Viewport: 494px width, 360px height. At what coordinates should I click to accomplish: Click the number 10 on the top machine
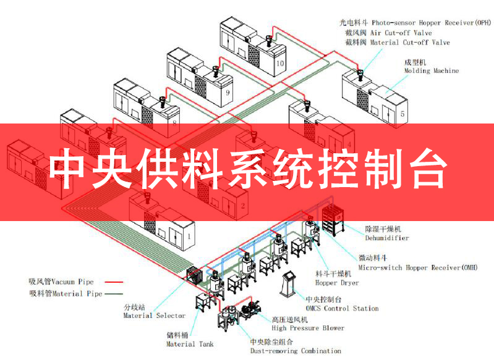280,63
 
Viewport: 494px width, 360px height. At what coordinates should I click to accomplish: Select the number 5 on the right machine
402,114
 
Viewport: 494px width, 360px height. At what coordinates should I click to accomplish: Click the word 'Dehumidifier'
386,238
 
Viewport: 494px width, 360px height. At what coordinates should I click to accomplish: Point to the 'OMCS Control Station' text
342,308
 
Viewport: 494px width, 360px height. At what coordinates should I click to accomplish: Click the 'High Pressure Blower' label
308,328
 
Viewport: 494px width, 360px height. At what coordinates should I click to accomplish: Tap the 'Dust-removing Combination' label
295,351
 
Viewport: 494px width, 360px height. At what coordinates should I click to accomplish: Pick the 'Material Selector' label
155,316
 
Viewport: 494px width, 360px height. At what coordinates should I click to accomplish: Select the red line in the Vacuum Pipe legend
113,282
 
